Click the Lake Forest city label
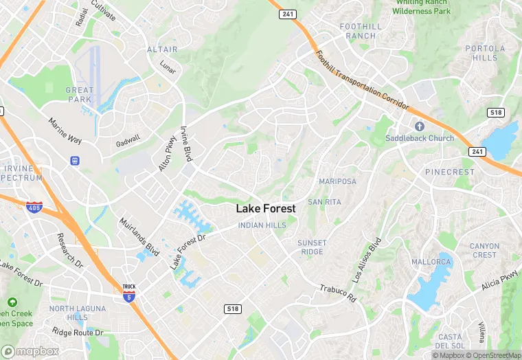coord(266,208)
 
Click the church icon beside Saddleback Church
coord(419,126)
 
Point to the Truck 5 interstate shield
coord(128,293)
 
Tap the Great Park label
coord(80,95)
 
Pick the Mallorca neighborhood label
coord(431,262)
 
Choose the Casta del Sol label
coord(450,341)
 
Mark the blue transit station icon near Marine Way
coord(74,161)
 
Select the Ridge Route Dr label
coord(78,333)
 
